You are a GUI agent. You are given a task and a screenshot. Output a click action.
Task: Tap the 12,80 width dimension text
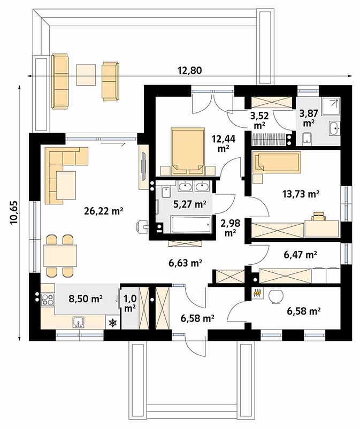pyautogui.click(x=190, y=71)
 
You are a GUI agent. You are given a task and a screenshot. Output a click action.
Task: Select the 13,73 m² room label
pyautogui.click(x=300, y=194)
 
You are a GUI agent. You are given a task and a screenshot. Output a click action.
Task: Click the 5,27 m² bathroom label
pyautogui.click(x=190, y=204)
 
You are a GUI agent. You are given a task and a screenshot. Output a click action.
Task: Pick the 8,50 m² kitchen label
pyautogui.click(x=86, y=299)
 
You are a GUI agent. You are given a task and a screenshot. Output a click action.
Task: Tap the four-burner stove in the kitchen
pyautogui.click(x=48, y=299)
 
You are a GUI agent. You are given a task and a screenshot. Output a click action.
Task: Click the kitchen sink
pyautogui.click(x=78, y=323)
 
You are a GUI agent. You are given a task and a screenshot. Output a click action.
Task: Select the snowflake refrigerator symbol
pyautogui.click(x=112, y=323)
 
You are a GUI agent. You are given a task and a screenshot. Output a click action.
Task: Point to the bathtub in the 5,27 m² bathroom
pyautogui.click(x=192, y=224)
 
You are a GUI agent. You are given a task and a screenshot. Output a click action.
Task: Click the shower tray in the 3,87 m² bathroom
pyautogui.click(x=331, y=106)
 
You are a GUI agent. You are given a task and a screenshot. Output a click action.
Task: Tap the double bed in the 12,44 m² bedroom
pyautogui.click(x=188, y=151)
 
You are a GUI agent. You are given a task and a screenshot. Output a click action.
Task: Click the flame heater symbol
pyautogui.click(x=256, y=293)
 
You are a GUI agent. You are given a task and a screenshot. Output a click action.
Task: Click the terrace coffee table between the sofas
pyautogui.click(x=86, y=75)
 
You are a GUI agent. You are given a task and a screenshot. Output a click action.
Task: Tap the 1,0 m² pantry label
pyautogui.click(x=130, y=303)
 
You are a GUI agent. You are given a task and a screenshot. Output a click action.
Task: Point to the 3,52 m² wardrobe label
pyautogui.click(x=259, y=120)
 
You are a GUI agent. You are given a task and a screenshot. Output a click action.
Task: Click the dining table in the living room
pyautogui.click(x=60, y=256)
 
